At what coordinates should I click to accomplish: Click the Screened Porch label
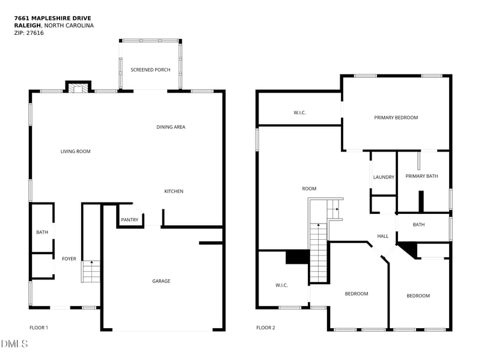click(150, 70)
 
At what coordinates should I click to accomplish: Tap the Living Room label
click(75, 151)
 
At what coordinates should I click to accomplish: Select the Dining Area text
click(171, 127)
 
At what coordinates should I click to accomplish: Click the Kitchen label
click(174, 191)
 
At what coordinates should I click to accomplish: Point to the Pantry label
click(129, 220)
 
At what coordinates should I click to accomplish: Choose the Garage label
click(161, 281)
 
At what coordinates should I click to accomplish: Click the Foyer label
click(69, 259)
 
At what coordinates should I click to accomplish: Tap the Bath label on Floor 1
click(42, 232)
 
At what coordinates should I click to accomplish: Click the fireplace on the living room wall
click(77, 88)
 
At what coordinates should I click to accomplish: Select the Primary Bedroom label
click(396, 118)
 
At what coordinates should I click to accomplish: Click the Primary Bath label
click(421, 176)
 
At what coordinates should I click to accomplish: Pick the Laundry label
click(384, 177)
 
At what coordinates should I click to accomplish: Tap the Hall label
click(382, 236)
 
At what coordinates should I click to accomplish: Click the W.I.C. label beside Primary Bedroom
click(299, 112)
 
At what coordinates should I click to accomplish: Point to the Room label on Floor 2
click(309, 189)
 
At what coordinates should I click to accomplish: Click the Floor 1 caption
click(38, 328)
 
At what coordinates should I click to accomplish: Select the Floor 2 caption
click(265, 328)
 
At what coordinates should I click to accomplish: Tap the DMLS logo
click(14, 344)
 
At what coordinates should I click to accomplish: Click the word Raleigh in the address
click(26, 26)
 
